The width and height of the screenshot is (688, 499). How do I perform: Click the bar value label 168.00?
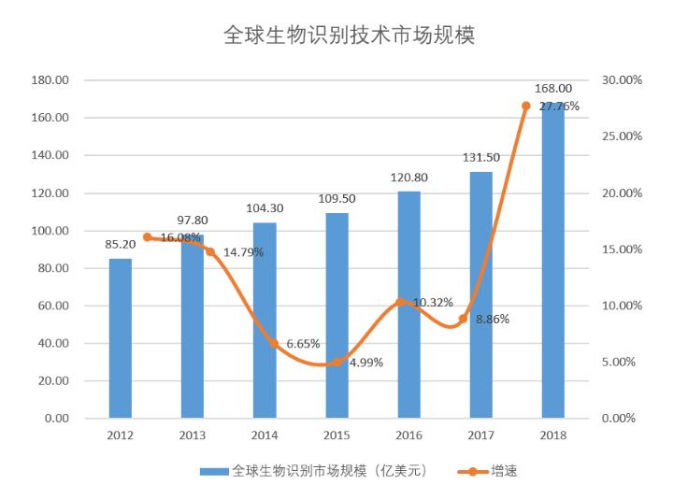[553, 89]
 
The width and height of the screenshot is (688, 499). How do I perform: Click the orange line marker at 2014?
[274, 343]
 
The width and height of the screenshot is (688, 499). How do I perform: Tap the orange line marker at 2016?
[401, 303]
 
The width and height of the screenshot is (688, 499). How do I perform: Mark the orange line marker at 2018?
[525, 106]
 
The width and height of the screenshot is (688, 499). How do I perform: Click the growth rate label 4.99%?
[365, 363]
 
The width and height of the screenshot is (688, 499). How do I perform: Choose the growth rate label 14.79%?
[243, 252]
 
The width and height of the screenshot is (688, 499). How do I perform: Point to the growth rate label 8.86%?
[493, 320]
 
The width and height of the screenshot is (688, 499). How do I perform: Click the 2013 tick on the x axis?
[192, 435]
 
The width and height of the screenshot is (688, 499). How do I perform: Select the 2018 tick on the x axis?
[553, 435]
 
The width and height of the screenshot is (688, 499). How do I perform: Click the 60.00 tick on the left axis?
[54, 306]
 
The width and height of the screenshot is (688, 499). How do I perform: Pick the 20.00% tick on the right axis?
[622, 193]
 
